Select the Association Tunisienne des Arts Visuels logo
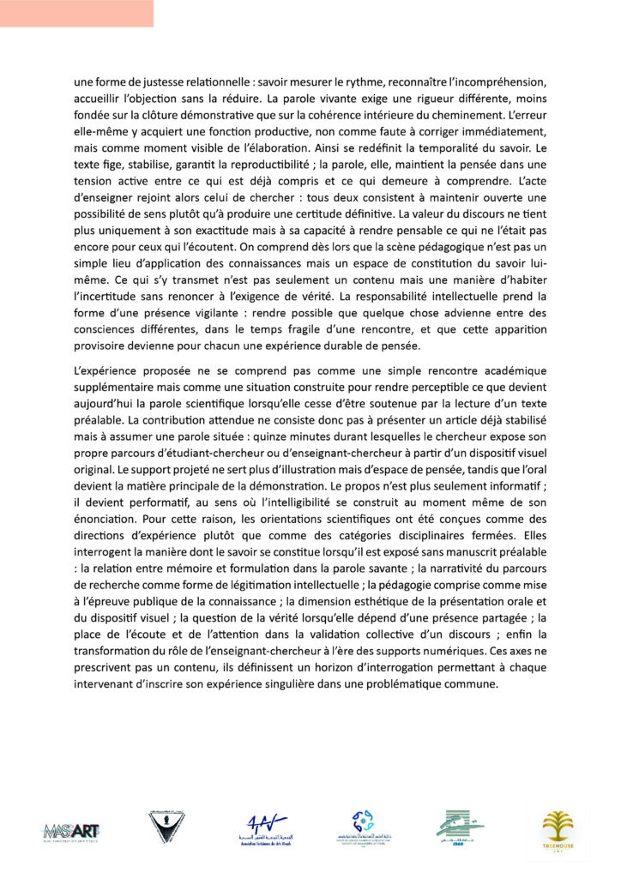[261, 828]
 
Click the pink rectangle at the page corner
[76, 13]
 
